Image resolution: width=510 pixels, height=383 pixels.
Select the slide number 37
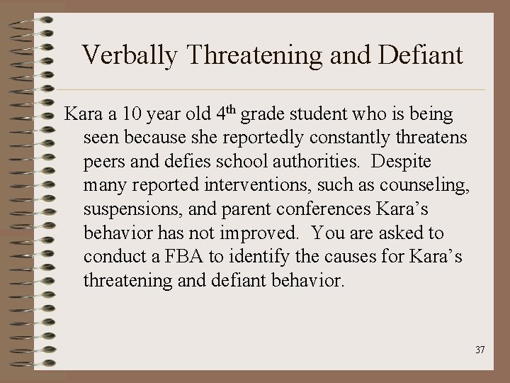(x=480, y=350)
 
